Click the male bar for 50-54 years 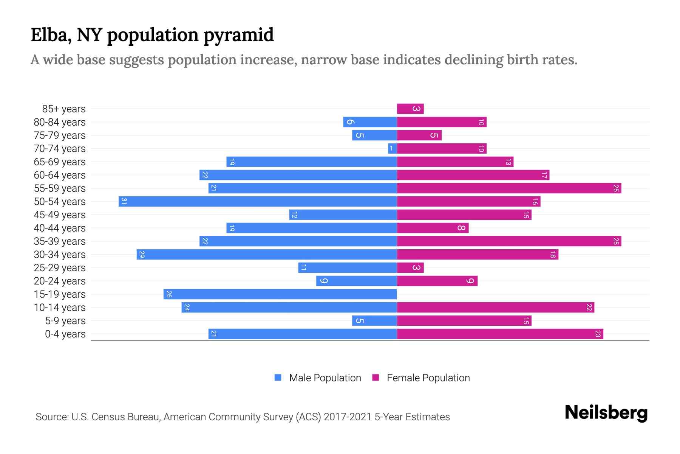tap(258, 201)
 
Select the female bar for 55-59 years tap(509, 188)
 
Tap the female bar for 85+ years tap(410, 109)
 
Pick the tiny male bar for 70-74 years tap(392, 148)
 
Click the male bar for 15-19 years tap(280, 294)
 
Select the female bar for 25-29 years tap(410, 267)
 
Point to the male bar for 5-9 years tap(374, 320)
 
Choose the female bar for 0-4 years tap(500, 334)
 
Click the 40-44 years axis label tap(60, 228)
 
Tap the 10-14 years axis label tap(60, 307)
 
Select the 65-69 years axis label tap(60, 162)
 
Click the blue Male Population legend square tap(278, 378)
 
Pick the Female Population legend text tap(428, 378)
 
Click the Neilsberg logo tap(606, 413)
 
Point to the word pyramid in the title tap(238, 35)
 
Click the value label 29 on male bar tap(142, 254)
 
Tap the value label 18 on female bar tap(553, 254)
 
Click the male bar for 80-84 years tap(370, 122)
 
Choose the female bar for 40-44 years tap(433, 228)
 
